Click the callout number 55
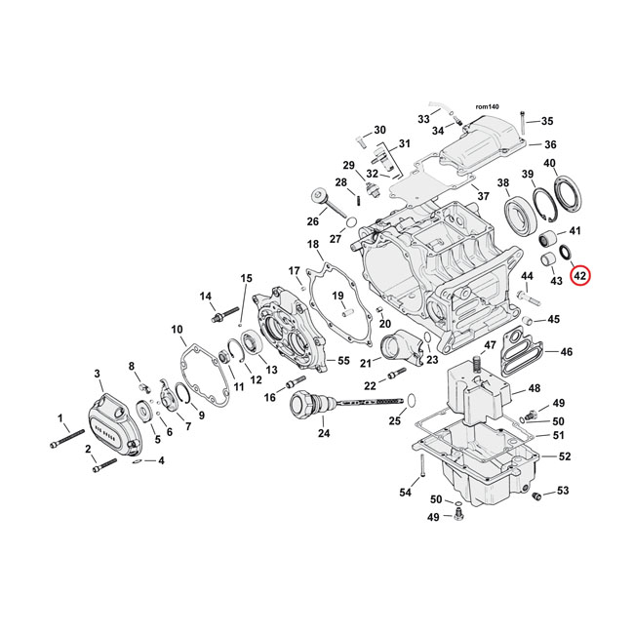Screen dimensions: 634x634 (x=342, y=360)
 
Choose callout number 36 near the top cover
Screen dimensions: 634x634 (x=549, y=144)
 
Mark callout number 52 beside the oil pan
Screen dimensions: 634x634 (x=565, y=456)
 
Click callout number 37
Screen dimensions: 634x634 (x=482, y=196)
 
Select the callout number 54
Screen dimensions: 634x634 (x=405, y=493)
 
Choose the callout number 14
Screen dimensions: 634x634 (x=206, y=297)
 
